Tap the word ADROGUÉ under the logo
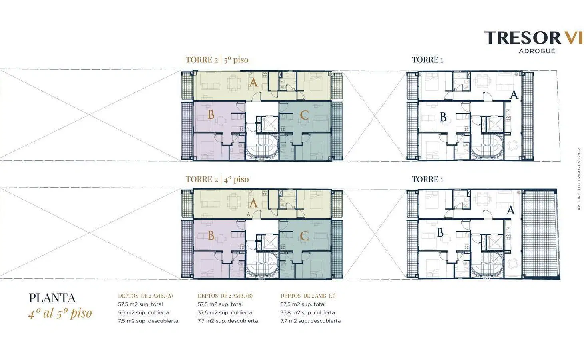click(x=537, y=51)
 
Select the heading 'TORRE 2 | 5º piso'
click(x=217, y=60)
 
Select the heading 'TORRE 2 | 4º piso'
click(x=217, y=179)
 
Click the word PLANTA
click(x=52, y=298)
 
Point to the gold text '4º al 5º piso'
click(x=60, y=313)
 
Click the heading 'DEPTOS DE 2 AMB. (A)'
click(x=145, y=296)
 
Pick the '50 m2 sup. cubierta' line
click(x=144, y=312)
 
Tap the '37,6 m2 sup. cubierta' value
click(x=225, y=312)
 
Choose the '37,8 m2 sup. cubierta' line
click(x=308, y=312)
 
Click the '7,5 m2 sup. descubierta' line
click(x=148, y=321)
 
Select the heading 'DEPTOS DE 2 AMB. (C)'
click(x=308, y=296)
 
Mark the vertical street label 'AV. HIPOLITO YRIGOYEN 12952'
click(x=579, y=179)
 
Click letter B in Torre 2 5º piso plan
click(x=211, y=114)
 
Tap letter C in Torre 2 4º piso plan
click(x=304, y=236)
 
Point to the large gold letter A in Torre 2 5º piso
click(x=253, y=82)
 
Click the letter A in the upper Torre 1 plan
click(x=514, y=95)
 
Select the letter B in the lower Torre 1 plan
click(x=440, y=232)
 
